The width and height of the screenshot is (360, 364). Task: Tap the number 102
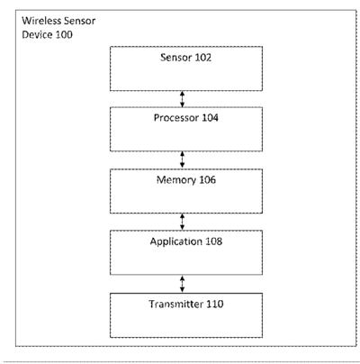203,57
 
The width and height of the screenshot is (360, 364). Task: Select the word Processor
176,118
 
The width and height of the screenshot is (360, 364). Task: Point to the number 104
210,118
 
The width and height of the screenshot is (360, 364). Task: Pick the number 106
207,180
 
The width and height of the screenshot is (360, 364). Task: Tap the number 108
213,241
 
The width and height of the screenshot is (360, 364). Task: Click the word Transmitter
176,304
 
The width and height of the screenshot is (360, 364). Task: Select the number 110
215,304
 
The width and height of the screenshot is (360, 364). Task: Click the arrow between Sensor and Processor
182,99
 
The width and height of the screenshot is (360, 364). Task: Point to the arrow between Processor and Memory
182,159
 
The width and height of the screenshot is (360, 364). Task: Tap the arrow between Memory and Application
182,222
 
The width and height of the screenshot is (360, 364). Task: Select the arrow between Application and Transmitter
182,284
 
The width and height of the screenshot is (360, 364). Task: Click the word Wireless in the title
39,21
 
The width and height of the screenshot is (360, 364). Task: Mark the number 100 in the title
64,34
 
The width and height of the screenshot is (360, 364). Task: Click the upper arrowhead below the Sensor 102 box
182,94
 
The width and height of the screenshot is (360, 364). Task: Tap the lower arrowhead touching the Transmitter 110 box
182,290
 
